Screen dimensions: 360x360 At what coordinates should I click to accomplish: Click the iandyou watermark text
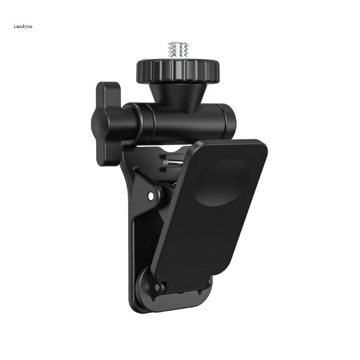(23, 26)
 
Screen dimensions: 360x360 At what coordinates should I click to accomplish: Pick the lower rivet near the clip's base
(157, 287)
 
